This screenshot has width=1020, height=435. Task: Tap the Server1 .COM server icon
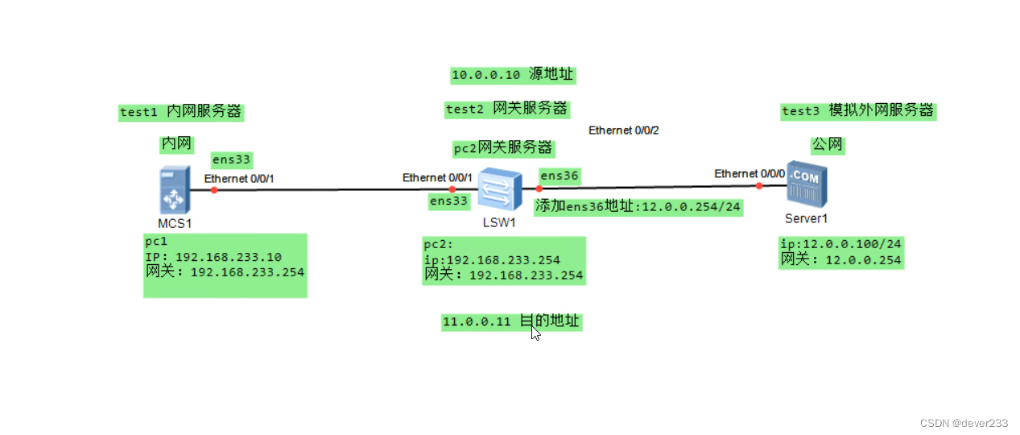tap(806, 186)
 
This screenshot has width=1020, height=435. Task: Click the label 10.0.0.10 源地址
tap(513, 75)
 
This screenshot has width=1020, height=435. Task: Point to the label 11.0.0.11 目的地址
tap(510, 321)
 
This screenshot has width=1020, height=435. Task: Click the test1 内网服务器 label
tap(180, 112)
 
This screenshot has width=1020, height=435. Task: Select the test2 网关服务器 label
tap(507, 109)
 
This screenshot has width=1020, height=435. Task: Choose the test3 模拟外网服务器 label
tap(858, 111)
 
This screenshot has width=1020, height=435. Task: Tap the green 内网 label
tap(176, 144)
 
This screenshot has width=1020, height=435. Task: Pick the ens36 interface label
tap(560, 176)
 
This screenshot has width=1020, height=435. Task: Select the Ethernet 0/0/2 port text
tap(624, 130)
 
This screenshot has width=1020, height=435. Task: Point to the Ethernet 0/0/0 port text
tap(750, 173)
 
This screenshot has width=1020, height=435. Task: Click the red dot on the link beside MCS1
tap(214, 190)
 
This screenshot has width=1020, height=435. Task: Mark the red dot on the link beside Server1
tap(759, 186)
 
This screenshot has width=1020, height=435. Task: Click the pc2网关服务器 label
tap(503, 148)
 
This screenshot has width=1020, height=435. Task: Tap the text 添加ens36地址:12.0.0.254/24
tap(638, 206)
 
